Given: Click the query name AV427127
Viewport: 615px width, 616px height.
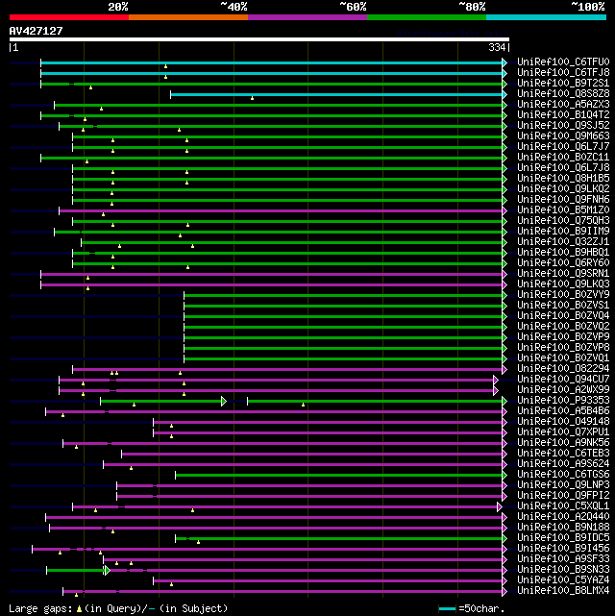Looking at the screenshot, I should click(37, 31).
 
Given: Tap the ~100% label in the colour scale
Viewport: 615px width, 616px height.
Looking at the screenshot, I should click(587, 7).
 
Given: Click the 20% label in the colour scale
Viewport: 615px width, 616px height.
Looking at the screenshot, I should click(118, 7).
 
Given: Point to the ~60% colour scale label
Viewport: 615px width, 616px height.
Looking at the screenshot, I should click(352, 7).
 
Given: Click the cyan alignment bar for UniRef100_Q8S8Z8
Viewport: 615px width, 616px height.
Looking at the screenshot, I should click(336, 94).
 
